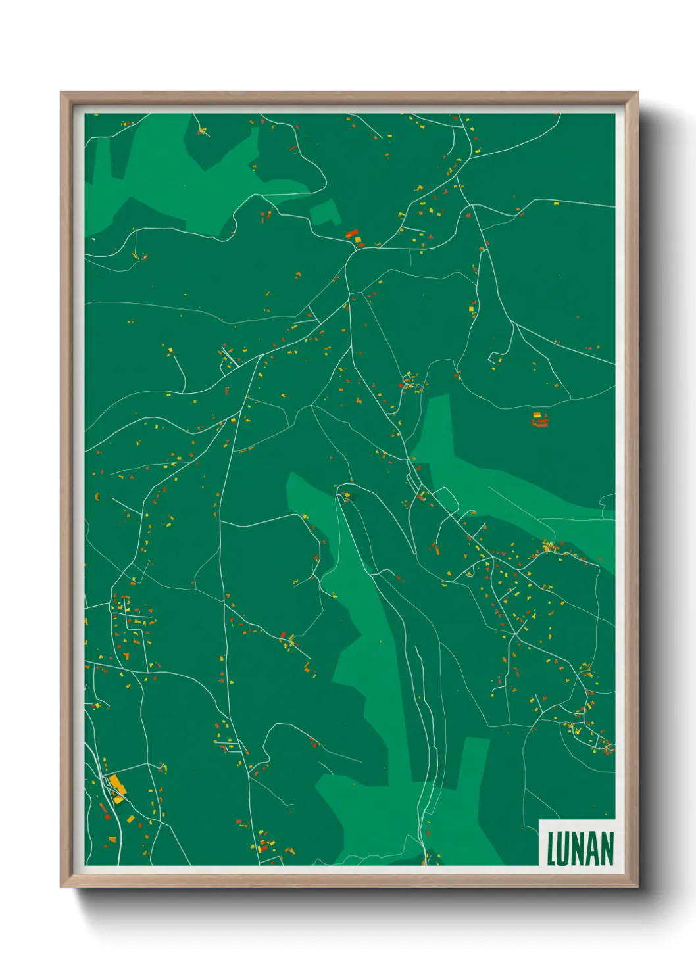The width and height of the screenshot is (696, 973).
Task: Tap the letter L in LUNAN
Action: pos(551,849)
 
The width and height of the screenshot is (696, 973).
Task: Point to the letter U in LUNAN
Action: pos(564,849)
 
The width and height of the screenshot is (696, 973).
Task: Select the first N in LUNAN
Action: pos(578,849)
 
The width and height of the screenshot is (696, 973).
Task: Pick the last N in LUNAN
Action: pos(607,849)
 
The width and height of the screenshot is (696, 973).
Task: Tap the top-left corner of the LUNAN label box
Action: pos(539,820)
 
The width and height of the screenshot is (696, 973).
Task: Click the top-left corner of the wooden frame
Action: pos(61,92)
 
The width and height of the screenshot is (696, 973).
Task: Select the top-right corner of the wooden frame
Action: pos(637,92)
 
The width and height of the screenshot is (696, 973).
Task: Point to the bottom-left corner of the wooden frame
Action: pos(61,887)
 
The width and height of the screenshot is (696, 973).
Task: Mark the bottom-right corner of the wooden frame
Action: pos(637,887)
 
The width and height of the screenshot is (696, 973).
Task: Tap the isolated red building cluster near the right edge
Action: pos(540,421)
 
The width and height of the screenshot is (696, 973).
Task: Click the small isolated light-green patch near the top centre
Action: pos(325,212)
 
